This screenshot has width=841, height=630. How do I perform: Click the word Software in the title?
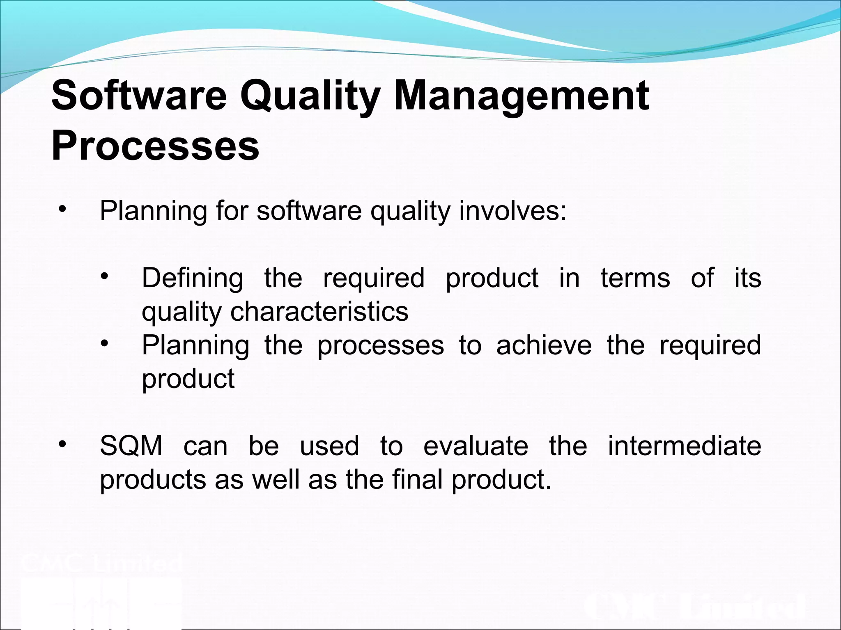coord(139,95)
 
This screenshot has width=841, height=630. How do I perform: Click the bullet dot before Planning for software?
coord(62,210)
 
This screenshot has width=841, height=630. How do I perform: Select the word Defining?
coord(192,278)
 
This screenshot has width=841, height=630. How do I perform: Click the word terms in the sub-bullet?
coord(635,278)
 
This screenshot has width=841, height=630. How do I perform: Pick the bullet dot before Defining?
coord(104,276)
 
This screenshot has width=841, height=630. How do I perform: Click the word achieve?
coord(544,345)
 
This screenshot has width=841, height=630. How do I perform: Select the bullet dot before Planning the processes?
coord(104,344)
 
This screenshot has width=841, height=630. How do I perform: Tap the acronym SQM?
coord(131,446)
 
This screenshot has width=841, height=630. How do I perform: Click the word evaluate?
coord(476,446)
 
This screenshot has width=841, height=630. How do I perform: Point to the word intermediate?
coord(684,446)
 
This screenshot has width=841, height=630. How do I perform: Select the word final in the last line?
coord(417,479)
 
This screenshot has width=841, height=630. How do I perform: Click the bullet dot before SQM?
coord(62,445)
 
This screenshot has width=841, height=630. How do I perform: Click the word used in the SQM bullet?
coord(329,446)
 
